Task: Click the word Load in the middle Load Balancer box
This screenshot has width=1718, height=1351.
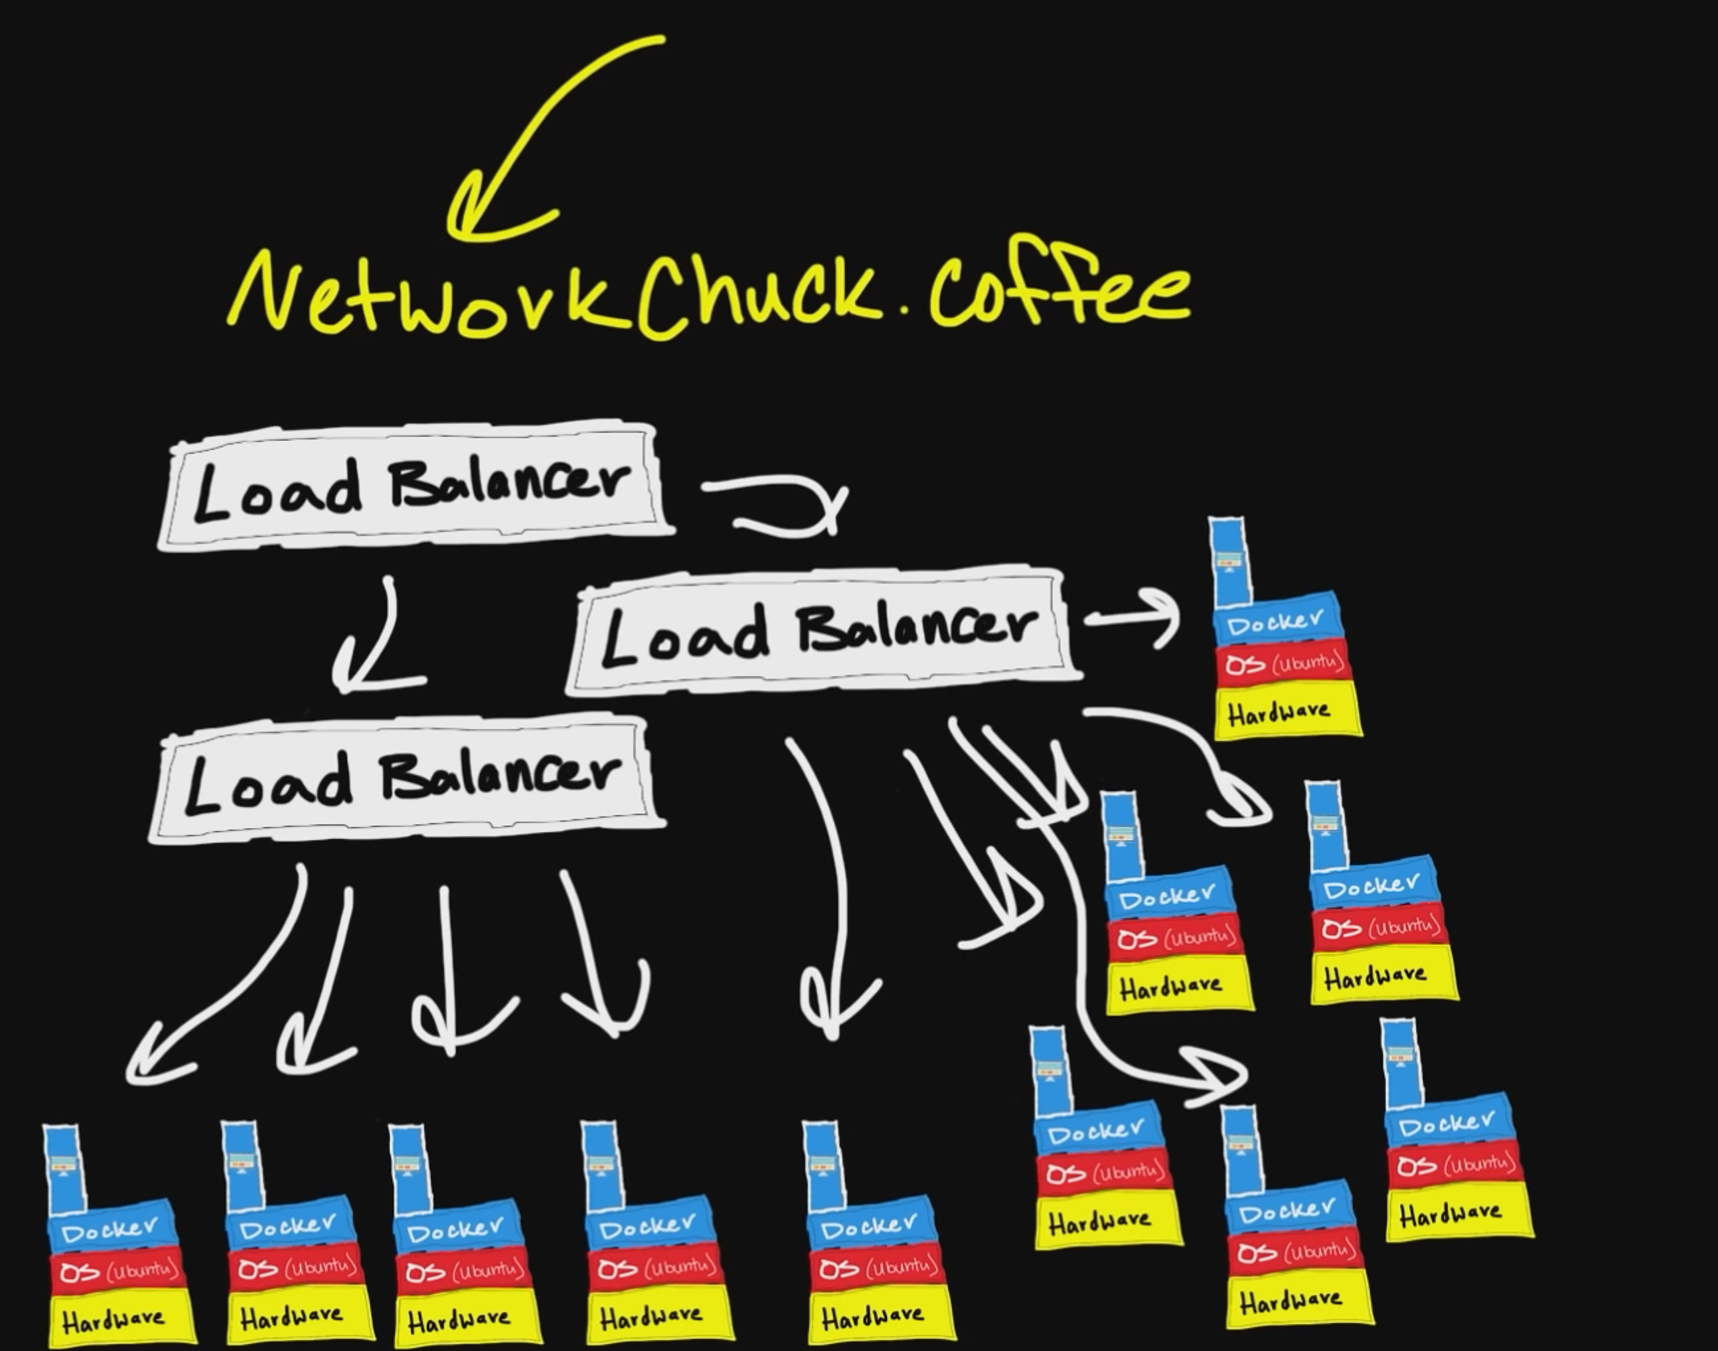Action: coord(684,637)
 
